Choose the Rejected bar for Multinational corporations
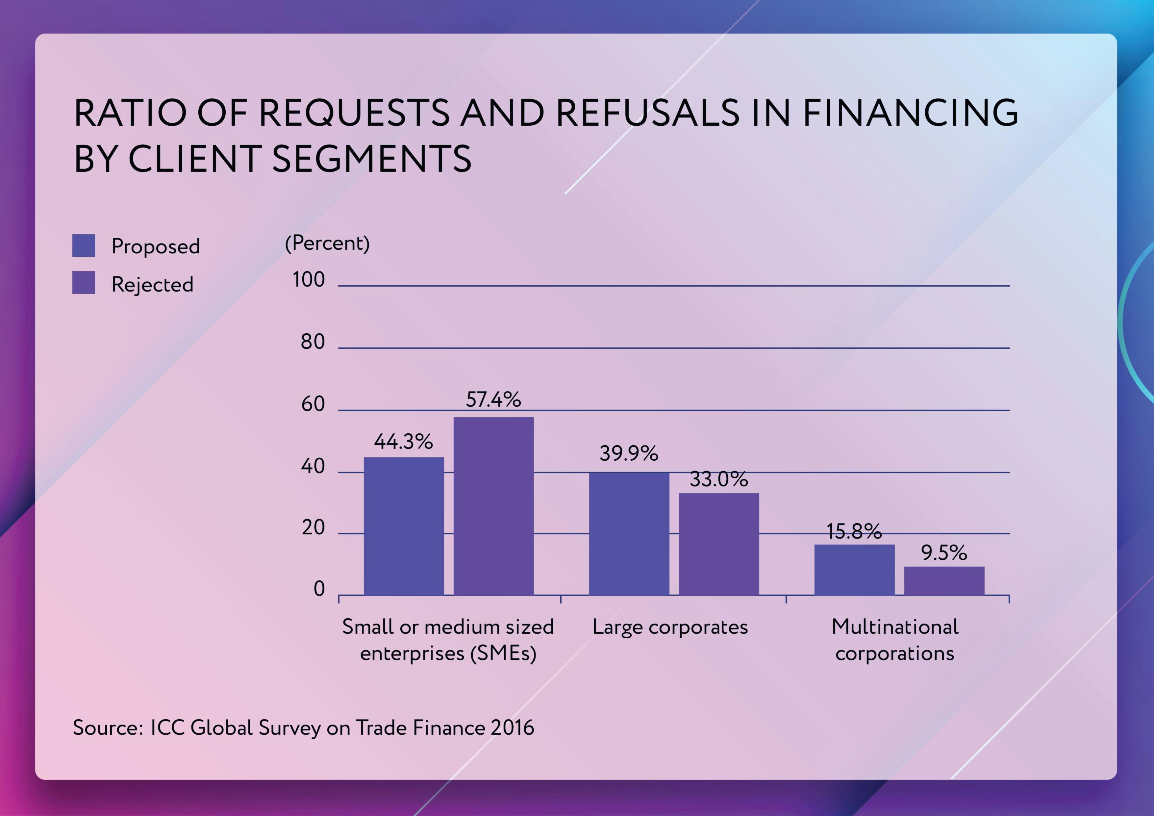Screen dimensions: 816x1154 944,581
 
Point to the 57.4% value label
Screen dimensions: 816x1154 493,400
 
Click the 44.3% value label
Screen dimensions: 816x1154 403,442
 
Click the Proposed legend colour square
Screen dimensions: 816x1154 84,246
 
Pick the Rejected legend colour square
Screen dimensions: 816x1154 84,283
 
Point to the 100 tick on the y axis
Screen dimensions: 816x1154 309,280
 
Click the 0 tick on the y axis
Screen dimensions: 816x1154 319,589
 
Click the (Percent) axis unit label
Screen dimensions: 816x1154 327,243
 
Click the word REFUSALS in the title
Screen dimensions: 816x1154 647,112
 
